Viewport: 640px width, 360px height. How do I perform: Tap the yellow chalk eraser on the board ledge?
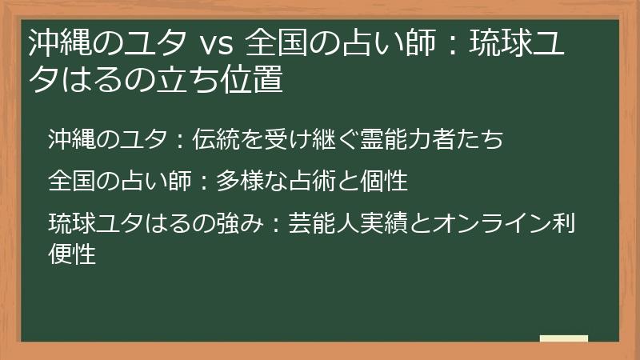click(563, 339)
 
